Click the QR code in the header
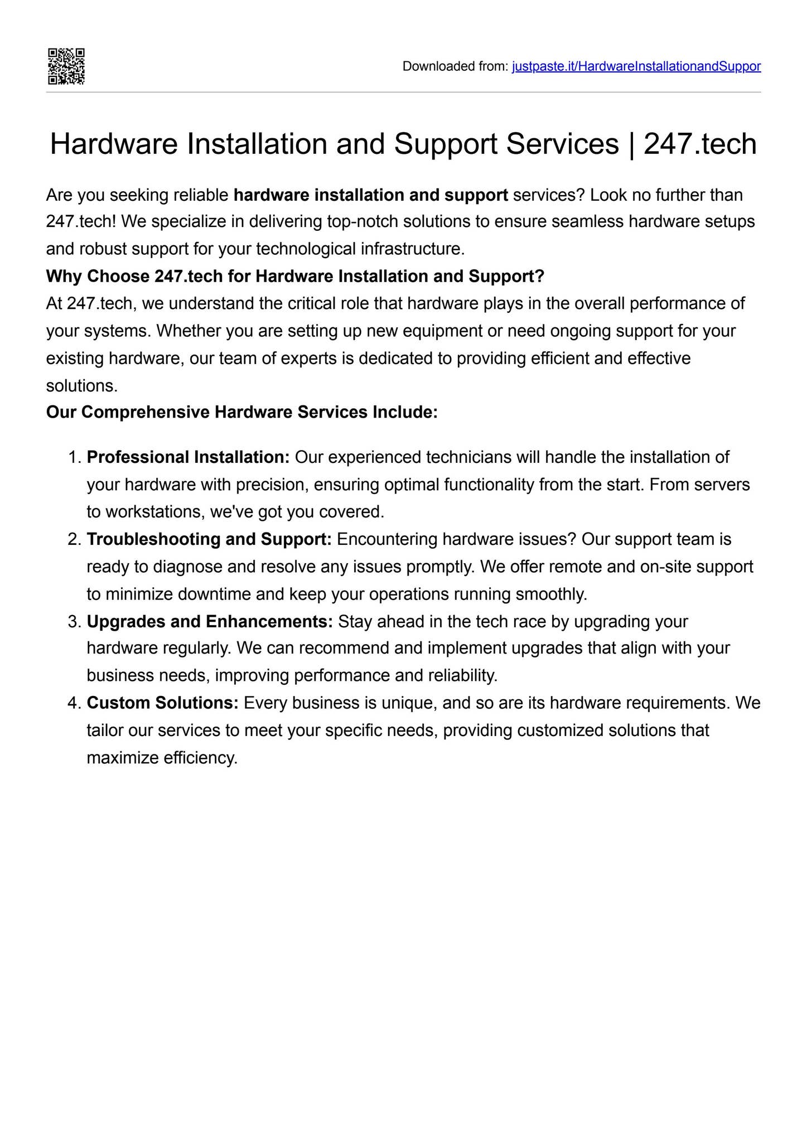click(66, 66)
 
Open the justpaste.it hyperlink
click(636, 66)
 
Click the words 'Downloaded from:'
click(455, 66)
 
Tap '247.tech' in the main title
click(700, 144)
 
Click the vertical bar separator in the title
click(631, 144)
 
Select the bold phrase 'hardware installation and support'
click(370, 195)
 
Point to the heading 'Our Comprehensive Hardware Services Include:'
click(241, 412)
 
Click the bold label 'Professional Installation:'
click(188, 457)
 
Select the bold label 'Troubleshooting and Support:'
click(209, 539)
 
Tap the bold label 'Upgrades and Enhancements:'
click(210, 621)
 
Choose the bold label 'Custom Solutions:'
click(162, 703)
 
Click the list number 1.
click(74, 457)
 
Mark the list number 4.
click(74, 703)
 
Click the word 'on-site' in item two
click(666, 567)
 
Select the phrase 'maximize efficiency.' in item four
click(162, 758)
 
